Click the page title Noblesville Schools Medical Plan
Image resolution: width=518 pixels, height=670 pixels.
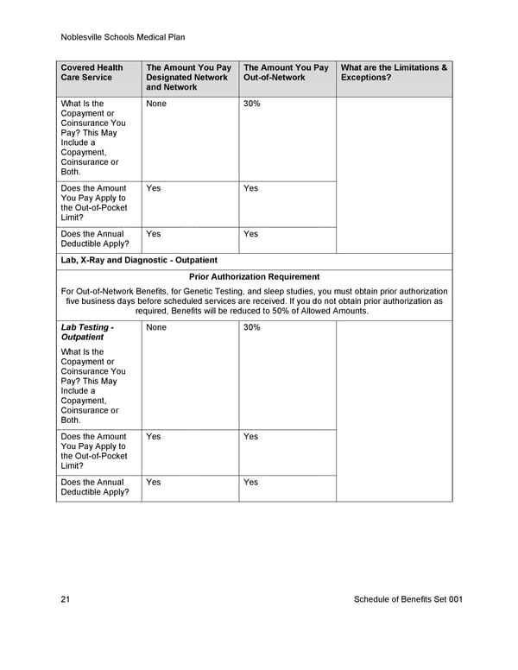point(123,37)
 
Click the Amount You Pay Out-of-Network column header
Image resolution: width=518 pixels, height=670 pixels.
point(286,73)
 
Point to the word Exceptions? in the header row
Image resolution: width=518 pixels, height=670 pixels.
point(366,78)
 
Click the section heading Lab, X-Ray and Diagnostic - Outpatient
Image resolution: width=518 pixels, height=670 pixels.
point(139,260)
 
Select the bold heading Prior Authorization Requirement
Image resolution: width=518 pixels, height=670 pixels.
point(254,276)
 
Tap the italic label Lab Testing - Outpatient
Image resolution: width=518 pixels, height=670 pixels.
point(87,332)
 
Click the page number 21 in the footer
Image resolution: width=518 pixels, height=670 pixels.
point(66,599)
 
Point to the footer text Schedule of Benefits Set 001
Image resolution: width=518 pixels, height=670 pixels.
point(408,599)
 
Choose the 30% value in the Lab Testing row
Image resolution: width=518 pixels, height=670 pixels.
point(252,328)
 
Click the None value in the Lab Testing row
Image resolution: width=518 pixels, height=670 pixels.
point(156,328)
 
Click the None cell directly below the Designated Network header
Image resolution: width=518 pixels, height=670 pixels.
point(156,104)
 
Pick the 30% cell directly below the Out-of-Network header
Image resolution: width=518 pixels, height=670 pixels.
point(252,104)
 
